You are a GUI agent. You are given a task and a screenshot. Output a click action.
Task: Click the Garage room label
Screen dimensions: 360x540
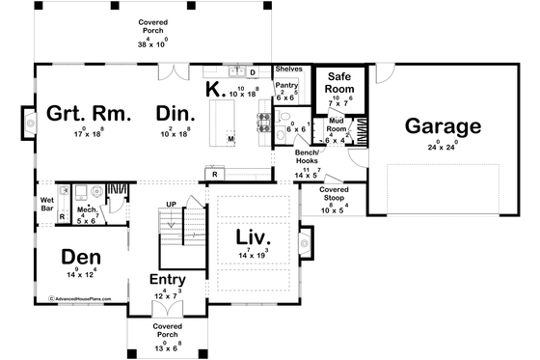[442, 126]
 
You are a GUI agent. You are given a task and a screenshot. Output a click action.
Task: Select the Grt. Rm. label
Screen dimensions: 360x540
[80, 116]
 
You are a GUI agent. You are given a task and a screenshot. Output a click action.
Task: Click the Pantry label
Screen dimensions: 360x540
[286, 86]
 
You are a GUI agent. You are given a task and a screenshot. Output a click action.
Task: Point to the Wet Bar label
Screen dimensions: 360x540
[46, 204]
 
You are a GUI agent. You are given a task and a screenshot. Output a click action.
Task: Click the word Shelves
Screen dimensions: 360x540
[288, 69]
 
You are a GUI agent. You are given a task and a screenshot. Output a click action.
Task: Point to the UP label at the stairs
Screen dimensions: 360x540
[172, 206]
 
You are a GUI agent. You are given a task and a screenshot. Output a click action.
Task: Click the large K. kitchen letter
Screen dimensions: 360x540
[215, 90]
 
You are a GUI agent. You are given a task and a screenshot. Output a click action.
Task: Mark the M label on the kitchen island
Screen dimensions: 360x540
[230, 139]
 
